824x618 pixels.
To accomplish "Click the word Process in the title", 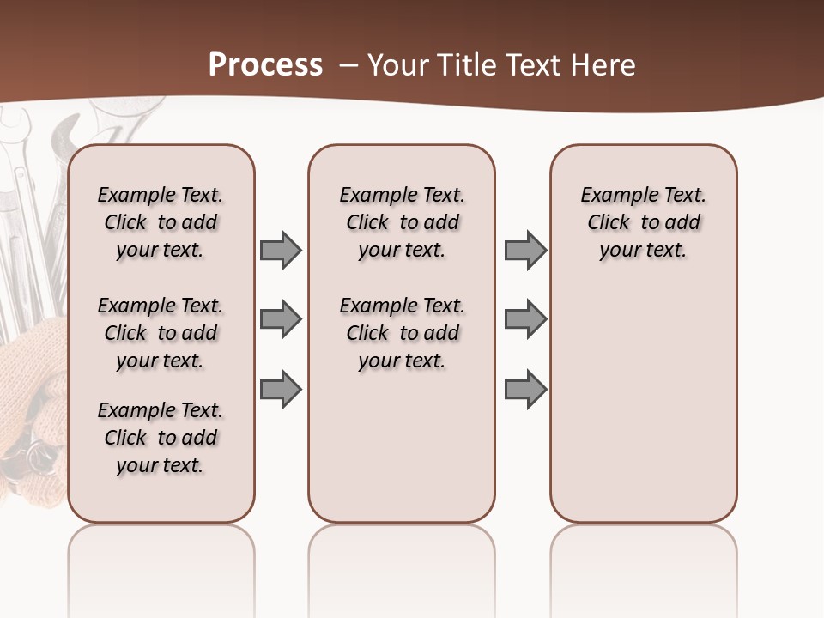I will [x=265, y=65].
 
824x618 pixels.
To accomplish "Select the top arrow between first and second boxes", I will [x=281, y=251].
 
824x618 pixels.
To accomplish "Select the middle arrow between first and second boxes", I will [x=281, y=319].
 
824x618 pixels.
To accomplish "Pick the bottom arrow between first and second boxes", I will [x=281, y=389].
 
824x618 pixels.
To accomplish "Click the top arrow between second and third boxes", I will [x=525, y=251].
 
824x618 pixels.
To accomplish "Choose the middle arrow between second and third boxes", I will [x=525, y=319].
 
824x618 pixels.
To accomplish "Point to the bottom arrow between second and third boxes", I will [x=525, y=389].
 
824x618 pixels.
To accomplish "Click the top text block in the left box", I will [x=161, y=222].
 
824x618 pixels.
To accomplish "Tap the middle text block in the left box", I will [x=161, y=333].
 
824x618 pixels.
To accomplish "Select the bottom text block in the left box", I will [x=161, y=438].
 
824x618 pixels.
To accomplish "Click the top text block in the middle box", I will [x=402, y=222].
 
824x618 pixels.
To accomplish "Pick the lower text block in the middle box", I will [x=402, y=333].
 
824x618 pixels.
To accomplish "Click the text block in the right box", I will [x=643, y=222].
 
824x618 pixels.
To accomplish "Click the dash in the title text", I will [x=348, y=65].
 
